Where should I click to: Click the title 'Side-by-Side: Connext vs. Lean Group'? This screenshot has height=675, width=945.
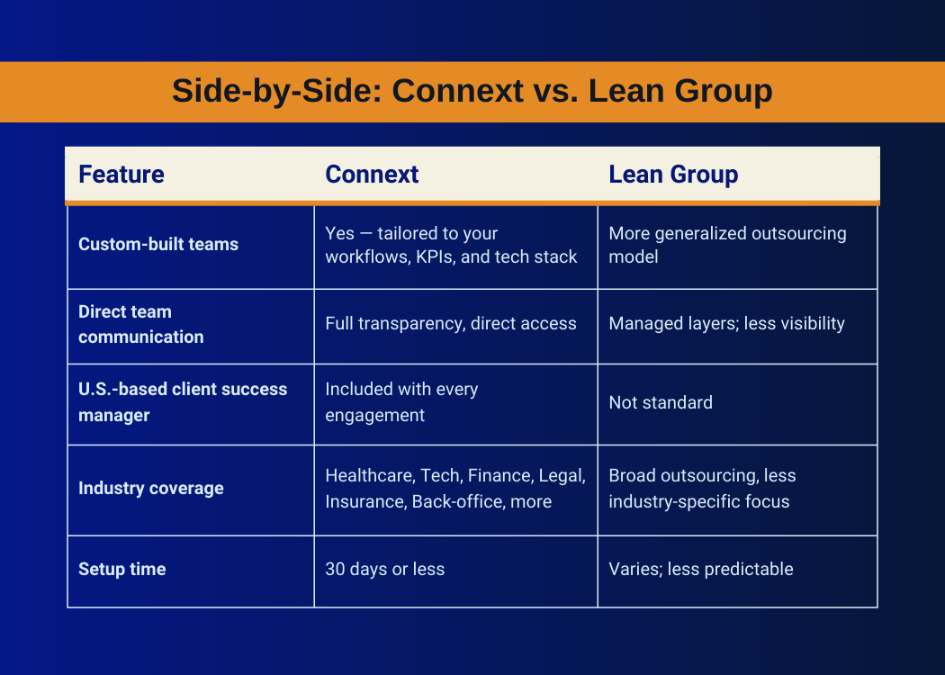(472, 91)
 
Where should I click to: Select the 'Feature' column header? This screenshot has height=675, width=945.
(121, 175)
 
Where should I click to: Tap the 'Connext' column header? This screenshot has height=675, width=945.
(372, 175)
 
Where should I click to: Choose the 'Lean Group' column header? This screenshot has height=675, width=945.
(673, 175)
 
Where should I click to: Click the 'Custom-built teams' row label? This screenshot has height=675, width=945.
(158, 244)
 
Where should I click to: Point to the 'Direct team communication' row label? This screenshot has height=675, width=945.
(141, 324)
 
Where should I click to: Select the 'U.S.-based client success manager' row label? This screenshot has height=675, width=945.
(183, 402)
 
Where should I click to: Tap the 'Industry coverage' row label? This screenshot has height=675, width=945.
(150, 488)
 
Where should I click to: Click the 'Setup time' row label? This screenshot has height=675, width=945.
(121, 569)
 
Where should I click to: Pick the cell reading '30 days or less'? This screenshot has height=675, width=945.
(384, 569)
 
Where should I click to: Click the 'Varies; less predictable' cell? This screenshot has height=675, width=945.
(701, 569)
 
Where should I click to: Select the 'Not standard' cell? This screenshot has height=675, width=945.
(661, 402)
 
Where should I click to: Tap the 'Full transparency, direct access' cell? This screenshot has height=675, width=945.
(451, 324)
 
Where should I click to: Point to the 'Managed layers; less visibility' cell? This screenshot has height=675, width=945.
(727, 324)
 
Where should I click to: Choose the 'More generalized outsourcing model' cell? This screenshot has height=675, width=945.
(727, 245)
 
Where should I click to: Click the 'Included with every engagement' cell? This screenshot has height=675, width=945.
(401, 402)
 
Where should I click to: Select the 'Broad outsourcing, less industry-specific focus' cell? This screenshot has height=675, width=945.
(702, 489)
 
